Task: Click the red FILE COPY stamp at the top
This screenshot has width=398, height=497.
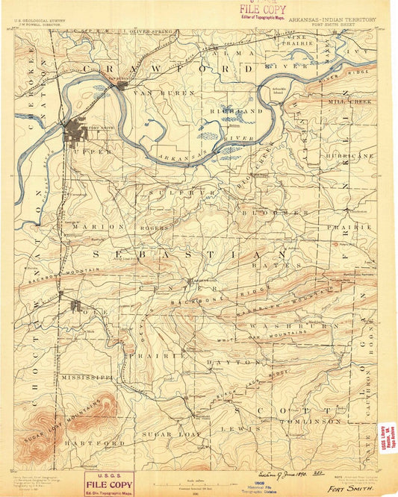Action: point(262,10)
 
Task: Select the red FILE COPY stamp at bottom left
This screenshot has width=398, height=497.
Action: point(111,483)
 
